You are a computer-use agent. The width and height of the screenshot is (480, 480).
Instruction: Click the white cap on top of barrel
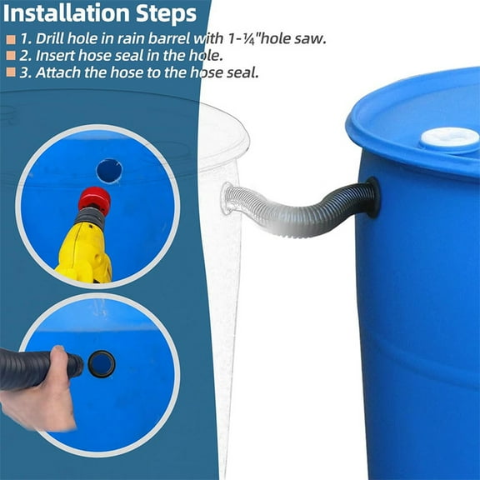coord(450,137)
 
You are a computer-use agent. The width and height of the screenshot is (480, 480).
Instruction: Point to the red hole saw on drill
coord(93,201)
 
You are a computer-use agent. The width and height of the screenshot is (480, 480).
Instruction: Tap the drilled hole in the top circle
coord(108,170)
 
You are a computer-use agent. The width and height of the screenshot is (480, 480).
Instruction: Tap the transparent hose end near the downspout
coord(233,198)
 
